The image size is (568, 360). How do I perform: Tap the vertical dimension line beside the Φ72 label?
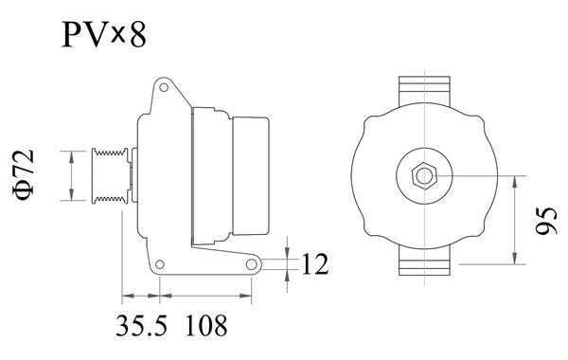[70, 175]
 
